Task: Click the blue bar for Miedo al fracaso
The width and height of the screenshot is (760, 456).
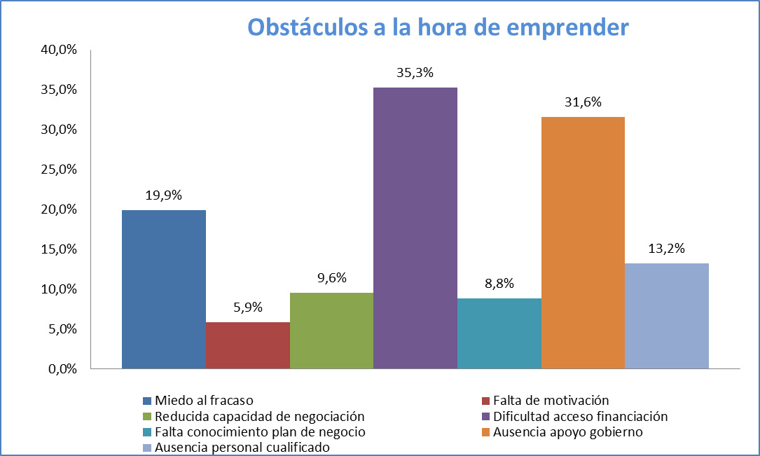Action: tap(164, 289)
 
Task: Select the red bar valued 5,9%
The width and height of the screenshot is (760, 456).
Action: tap(247, 345)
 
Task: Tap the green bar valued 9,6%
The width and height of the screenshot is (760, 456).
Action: tap(331, 330)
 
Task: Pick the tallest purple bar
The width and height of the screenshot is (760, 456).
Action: tap(415, 228)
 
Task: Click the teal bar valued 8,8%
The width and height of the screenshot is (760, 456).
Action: tap(499, 333)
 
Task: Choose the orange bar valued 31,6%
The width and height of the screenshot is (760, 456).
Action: tap(583, 242)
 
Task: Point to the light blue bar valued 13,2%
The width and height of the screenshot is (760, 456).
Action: tap(666, 315)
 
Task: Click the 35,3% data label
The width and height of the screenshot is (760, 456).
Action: tap(415, 73)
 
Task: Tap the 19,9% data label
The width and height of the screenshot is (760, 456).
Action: tap(164, 195)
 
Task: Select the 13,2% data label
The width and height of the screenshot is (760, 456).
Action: tap(666, 249)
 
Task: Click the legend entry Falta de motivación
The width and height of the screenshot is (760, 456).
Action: tap(551, 401)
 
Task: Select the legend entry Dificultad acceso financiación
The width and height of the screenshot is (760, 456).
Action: tap(580, 416)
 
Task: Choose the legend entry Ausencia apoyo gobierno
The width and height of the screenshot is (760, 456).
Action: tap(567, 431)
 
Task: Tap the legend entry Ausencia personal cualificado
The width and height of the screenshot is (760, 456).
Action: tap(242, 446)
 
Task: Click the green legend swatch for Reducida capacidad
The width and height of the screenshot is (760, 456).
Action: tap(147, 417)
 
